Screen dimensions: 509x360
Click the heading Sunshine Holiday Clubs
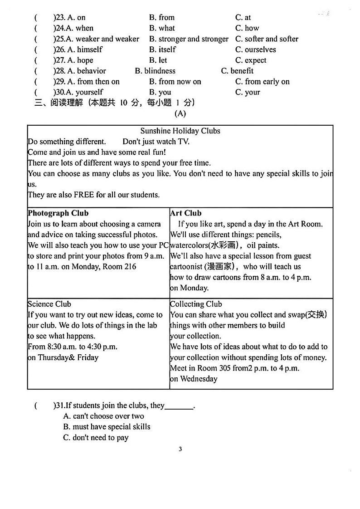180,131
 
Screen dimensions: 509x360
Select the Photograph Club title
58,213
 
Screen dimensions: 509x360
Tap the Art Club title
186,213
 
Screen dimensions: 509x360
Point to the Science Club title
49,304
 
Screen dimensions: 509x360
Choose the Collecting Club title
196,304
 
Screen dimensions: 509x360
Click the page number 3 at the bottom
180,449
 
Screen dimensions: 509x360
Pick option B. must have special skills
107,427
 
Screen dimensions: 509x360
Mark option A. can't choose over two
103,416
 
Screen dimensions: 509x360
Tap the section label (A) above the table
180,113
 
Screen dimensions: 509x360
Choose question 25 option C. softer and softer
267,39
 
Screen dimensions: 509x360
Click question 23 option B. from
162,18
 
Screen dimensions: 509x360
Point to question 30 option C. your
248,93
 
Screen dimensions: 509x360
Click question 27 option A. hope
80,60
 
